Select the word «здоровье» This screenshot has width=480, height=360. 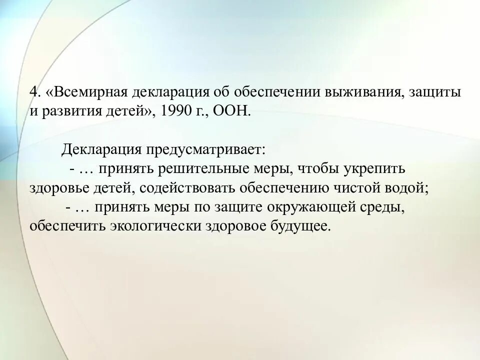(56, 188)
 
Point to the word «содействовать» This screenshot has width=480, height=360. (188, 188)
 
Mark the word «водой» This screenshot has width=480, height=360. (409, 188)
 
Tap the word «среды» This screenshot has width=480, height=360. (385, 206)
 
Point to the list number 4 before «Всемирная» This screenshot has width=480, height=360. (34, 93)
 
